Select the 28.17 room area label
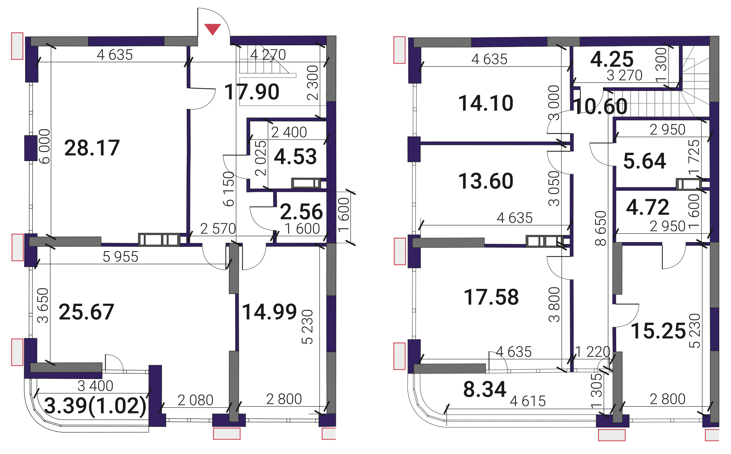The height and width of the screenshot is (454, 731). pos(92,148)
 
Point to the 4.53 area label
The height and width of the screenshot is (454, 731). pos(296,156)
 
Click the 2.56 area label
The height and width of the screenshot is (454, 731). pos(302,212)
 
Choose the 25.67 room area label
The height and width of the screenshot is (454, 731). pos(86,312)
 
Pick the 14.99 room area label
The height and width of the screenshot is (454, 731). pos(269,312)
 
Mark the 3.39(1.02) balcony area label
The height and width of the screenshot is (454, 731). pos(95,406)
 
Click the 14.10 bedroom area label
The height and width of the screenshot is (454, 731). pos(486,103)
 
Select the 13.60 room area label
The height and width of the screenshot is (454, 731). pos(486,181)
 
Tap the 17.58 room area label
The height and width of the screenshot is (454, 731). pos(491,297)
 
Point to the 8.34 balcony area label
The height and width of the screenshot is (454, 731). pos(485,389)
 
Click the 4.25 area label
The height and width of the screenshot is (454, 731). pos(612,59)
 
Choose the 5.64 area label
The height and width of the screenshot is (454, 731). pos(645,161)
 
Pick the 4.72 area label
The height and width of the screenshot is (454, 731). pos(648,207)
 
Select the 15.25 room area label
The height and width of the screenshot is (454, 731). pos(658,331)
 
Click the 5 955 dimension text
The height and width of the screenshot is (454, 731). pos(120,257)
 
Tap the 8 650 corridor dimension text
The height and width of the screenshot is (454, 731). pos(601,228)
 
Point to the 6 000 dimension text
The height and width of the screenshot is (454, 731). pos(44,146)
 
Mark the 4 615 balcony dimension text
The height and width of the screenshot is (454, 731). pos(528,401)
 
